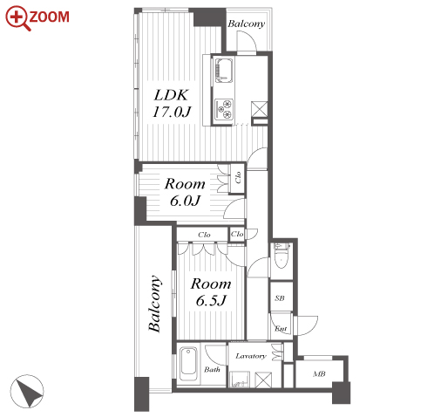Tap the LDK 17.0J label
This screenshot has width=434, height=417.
pyautogui.click(x=172, y=103)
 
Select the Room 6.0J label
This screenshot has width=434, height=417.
pyautogui.click(x=185, y=192)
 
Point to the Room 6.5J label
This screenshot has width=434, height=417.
pyautogui.click(x=211, y=291)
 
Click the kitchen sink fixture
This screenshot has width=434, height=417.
pyautogui.click(x=223, y=71)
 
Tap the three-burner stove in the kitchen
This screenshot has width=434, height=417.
pyautogui.click(x=224, y=110)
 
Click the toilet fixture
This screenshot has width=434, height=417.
pyautogui.click(x=281, y=256)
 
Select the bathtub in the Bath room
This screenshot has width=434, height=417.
pyautogui.click(x=188, y=365)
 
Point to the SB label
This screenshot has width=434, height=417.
pyautogui.click(x=280, y=298)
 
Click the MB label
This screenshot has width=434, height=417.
pyautogui.click(x=319, y=374)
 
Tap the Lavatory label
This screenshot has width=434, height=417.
pyautogui.click(x=251, y=356)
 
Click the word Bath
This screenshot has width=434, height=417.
pyautogui.click(x=212, y=370)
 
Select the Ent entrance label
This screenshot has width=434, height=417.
pyautogui.click(x=281, y=329)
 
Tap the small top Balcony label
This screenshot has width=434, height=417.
pyautogui.click(x=246, y=24)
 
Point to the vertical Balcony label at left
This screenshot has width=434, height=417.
pyautogui.click(x=154, y=304)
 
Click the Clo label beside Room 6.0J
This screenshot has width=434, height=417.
pyautogui.click(x=238, y=178)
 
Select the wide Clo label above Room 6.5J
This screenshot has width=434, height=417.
pyautogui.click(x=204, y=235)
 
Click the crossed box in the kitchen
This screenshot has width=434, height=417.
pyautogui.click(x=259, y=109)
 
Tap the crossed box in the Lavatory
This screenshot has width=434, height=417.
pyautogui.click(x=263, y=379)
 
